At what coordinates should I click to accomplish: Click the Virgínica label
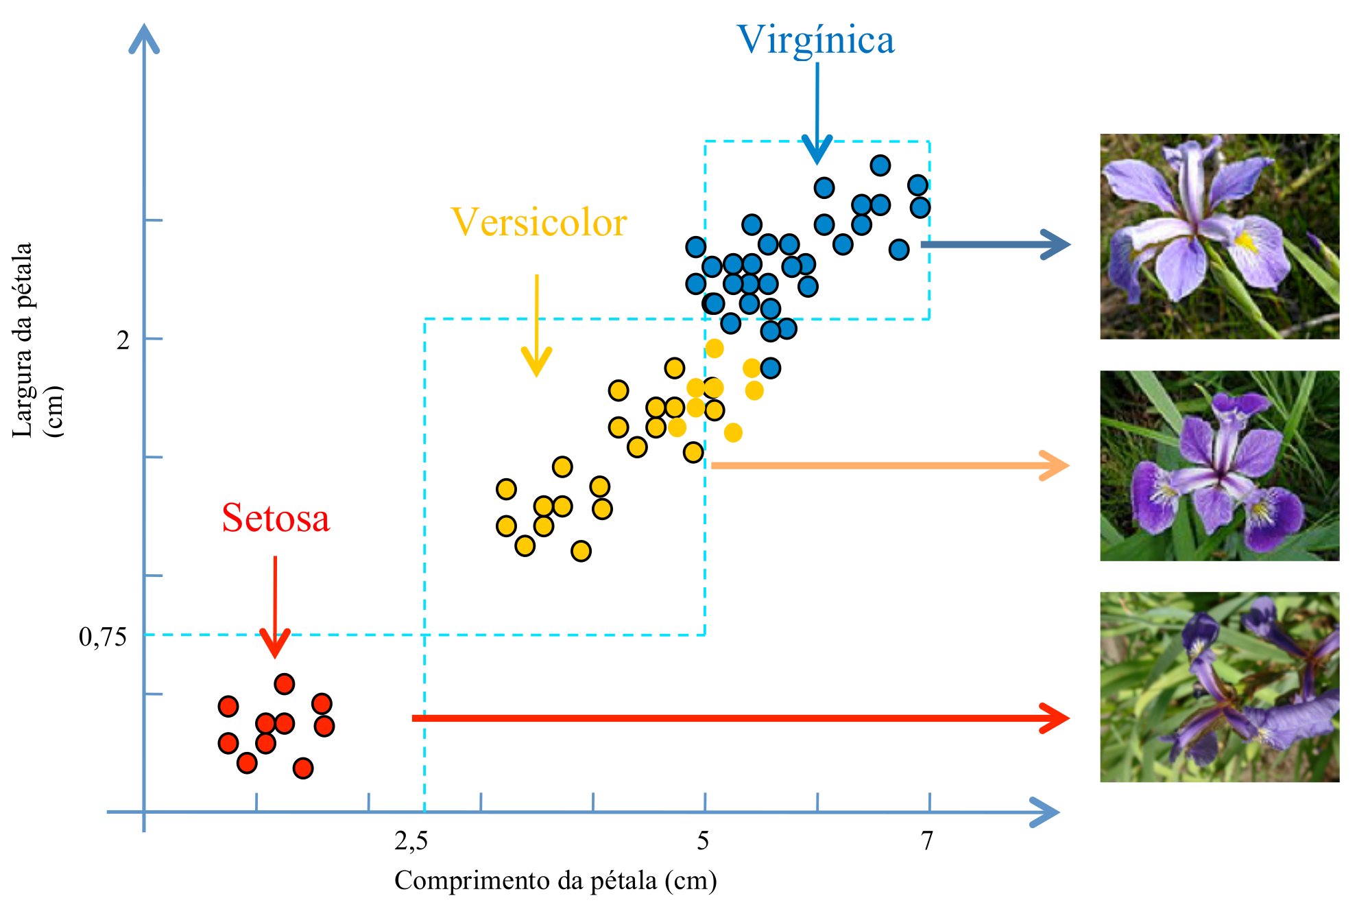click(x=815, y=40)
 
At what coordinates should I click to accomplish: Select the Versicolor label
click(x=539, y=223)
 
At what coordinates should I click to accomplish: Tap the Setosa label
click(x=276, y=518)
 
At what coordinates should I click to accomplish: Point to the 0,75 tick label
click(x=103, y=637)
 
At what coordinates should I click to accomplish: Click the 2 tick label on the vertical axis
click(x=123, y=340)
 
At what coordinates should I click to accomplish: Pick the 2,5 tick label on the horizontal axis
click(x=411, y=840)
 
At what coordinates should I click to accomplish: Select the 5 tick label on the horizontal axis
click(x=703, y=840)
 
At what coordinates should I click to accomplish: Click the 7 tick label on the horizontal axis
click(x=927, y=840)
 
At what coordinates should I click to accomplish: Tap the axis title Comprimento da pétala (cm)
click(x=555, y=880)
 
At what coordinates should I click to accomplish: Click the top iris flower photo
click(x=1219, y=236)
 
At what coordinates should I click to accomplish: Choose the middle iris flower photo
click(x=1219, y=466)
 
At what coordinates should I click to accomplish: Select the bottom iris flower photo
click(x=1219, y=687)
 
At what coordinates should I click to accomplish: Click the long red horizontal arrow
click(x=741, y=718)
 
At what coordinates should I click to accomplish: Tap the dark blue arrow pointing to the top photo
click(x=994, y=244)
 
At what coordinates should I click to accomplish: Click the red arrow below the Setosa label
click(x=275, y=604)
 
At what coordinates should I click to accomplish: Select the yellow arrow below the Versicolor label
click(x=536, y=322)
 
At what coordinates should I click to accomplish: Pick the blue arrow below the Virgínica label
click(x=817, y=110)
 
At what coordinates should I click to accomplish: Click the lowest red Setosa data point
click(x=303, y=768)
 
